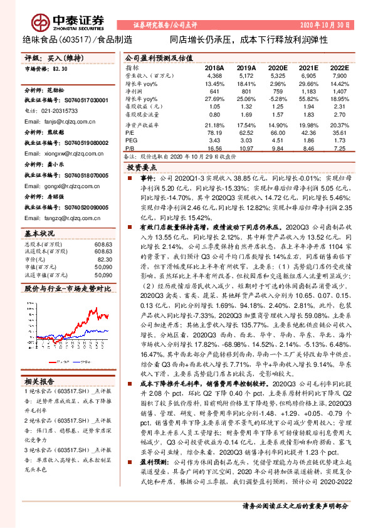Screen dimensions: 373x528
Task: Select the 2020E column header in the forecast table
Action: point(276,67)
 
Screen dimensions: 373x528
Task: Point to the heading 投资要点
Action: point(141,169)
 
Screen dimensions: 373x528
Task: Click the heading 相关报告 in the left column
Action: point(40,381)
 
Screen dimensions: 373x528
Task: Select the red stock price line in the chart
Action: point(91,314)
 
